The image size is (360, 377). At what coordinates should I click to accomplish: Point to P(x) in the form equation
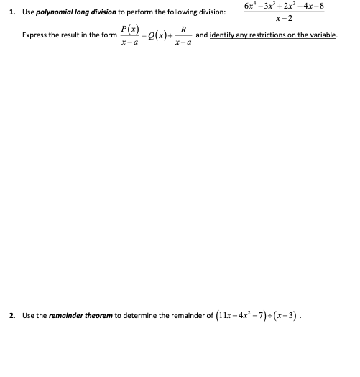[131, 29]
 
